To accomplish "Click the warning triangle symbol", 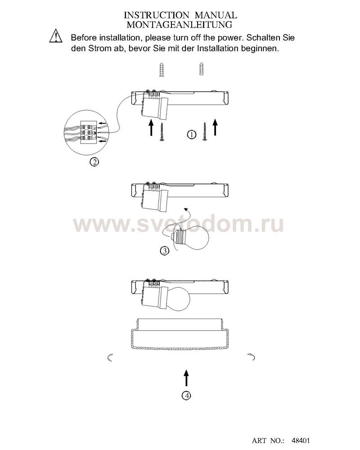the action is pyautogui.click(x=56, y=36).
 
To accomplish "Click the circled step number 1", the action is pyautogui.click(x=192, y=134).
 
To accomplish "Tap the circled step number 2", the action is pyautogui.click(x=94, y=162).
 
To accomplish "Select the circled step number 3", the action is pyautogui.click(x=164, y=251).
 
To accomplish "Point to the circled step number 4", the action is pyautogui.click(x=187, y=396).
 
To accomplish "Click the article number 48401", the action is pyautogui.click(x=301, y=441).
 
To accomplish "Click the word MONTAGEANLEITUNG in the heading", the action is pyautogui.click(x=180, y=25).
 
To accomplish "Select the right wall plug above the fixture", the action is pyautogui.click(x=202, y=69).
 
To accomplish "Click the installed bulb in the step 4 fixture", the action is pyautogui.click(x=178, y=299).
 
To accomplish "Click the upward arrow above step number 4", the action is pyautogui.click(x=187, y=378).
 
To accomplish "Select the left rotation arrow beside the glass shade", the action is pyautogui.click(x=109, y=358).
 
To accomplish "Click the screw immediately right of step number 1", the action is pyautogui.click(x=204, y=131).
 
